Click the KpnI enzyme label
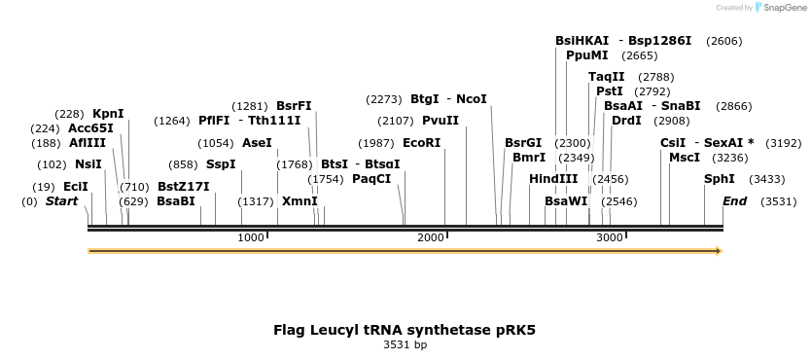tap(108, 114)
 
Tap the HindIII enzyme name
tap(553, 179)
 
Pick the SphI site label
tap(720, 179)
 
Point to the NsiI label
tap(88, 164)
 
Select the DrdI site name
tap(626, 121)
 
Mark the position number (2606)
tap(723, 41)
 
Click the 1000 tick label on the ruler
tap(251, 237)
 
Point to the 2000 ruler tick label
tap(431, 237)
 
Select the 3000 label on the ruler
tap(610, 237)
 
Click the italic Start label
tap(61, 201)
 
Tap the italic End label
tap(734, 201)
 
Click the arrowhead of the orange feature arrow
tap(719, 251)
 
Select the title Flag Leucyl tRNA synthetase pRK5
tap(405, 330)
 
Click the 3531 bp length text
tap(405, 344)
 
